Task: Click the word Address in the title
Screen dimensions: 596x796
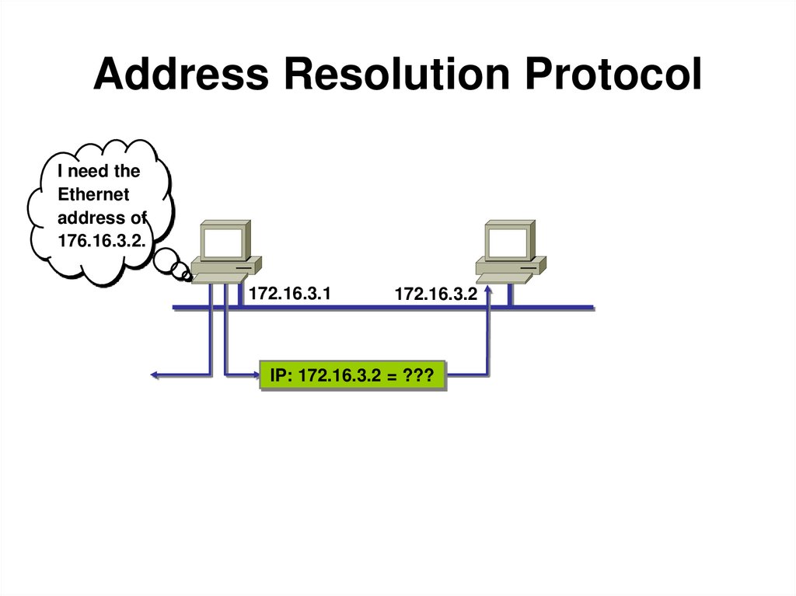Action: click(x=181, y=75)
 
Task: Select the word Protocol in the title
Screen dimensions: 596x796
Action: click(x=606, y=75)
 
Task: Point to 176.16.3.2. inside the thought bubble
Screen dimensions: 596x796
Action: click(x=102, y=241)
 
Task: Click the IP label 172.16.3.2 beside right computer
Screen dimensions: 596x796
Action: click(x=435, y=295)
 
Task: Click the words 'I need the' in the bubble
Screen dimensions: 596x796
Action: click(x=99, y=172)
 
